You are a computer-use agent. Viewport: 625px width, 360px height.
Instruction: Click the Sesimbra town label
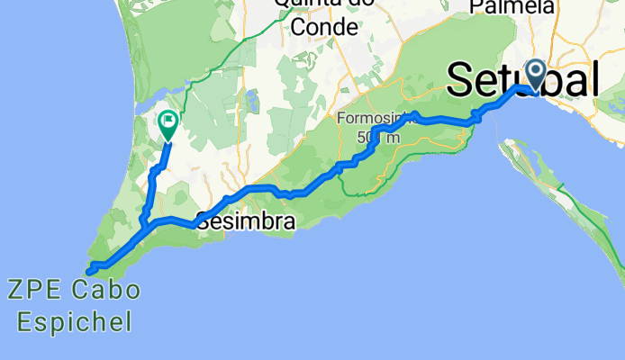pos(245,220)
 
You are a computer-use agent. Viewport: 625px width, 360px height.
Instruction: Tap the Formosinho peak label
pos(371,119)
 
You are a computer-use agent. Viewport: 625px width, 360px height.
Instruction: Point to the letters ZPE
pos(34,291)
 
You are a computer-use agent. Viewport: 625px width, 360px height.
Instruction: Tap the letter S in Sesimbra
pos(204,221)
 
